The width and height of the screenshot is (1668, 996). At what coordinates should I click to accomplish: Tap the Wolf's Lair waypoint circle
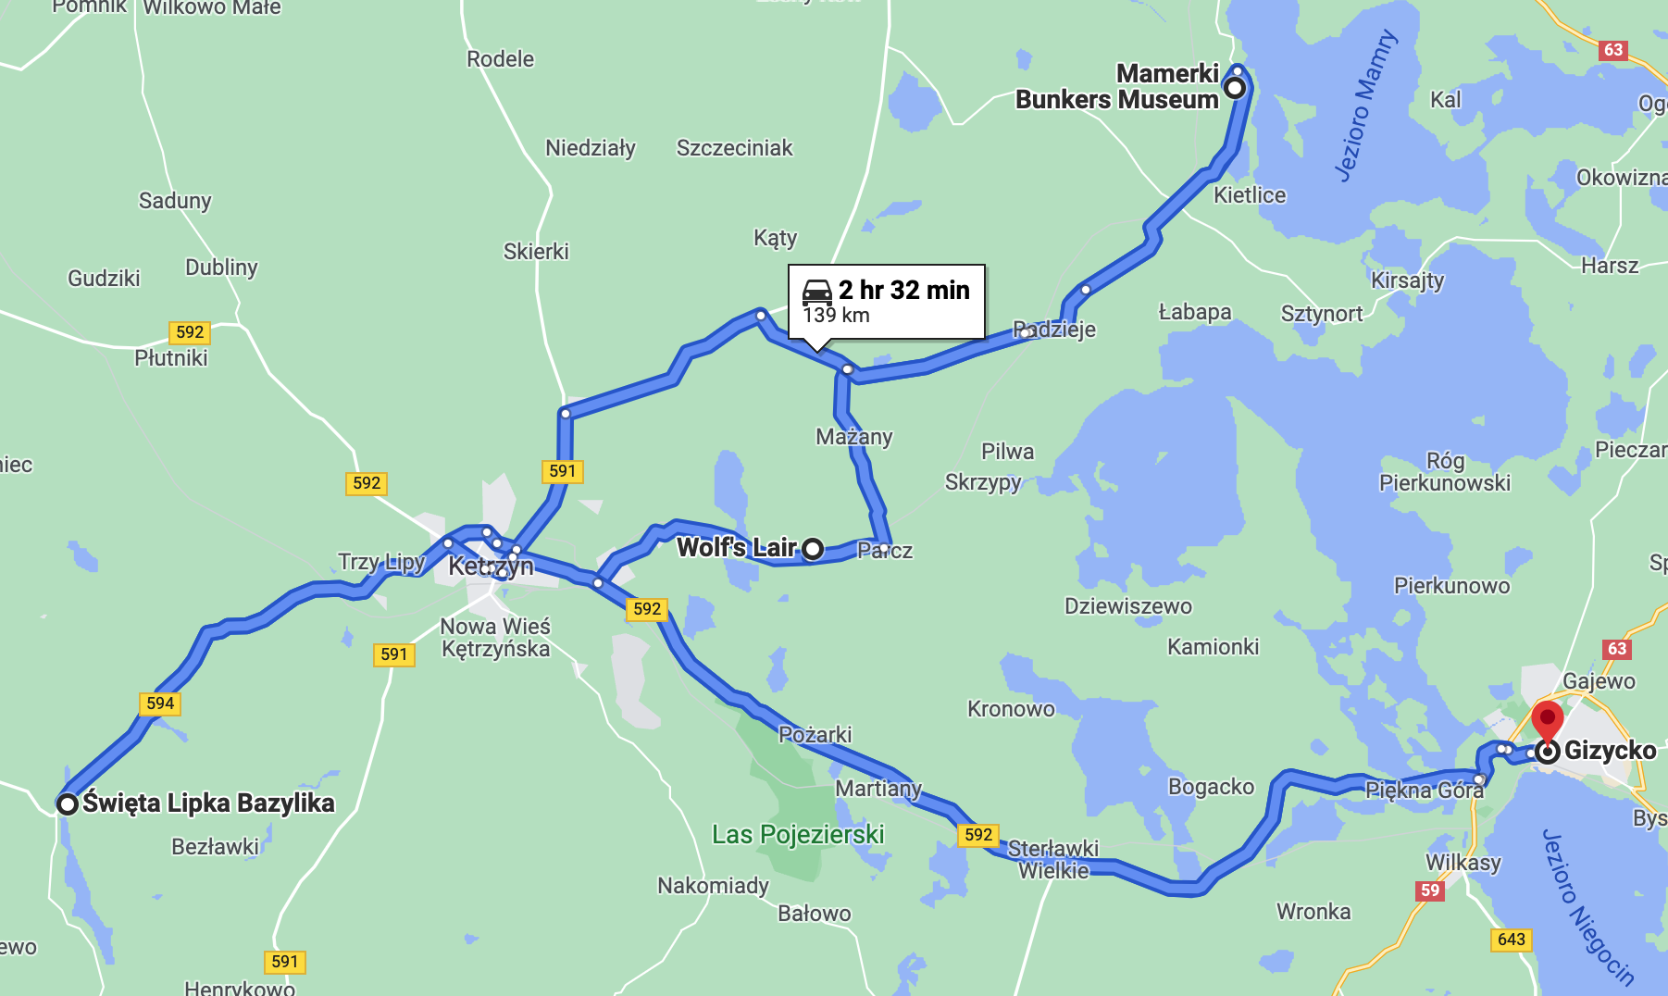(813, 549)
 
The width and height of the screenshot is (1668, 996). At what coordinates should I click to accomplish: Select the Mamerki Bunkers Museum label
(1118, 87)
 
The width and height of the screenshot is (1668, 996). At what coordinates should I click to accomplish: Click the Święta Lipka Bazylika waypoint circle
(67, 803)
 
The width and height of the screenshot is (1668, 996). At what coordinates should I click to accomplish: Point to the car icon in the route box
(817, 292)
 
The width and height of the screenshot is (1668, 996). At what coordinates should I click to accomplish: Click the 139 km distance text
(836, 316)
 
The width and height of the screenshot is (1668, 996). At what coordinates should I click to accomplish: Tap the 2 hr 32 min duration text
(903, 290)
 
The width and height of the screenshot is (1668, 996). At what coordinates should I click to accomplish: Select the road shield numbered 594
(160, 703)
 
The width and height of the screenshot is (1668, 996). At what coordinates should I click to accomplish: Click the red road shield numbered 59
(1430, 890)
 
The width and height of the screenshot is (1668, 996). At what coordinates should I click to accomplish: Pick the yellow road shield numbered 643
(1511, 940)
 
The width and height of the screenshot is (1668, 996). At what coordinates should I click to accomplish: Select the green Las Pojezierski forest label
(798, 835)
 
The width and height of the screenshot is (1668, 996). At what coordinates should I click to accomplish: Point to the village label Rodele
(500, 59)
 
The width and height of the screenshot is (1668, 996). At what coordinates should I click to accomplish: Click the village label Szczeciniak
(734, 148)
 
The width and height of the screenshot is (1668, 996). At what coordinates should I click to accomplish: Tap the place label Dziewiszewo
(1127, 606)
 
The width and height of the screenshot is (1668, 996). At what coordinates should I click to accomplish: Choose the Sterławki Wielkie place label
(1053, 860)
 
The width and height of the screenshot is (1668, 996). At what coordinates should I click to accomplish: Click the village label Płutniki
(171, 358)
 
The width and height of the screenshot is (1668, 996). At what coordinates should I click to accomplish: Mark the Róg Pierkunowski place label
(1444, 472)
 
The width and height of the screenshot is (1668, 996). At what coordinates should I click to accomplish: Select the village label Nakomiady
(713, 886)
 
